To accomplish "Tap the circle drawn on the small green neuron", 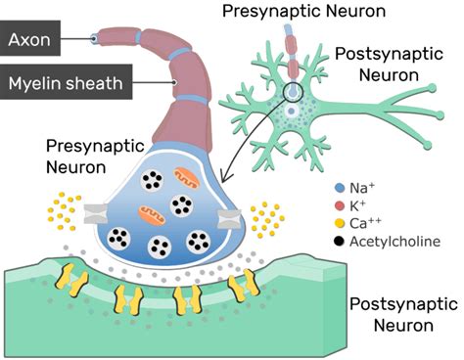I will pyautogui.click(x=294, y=94).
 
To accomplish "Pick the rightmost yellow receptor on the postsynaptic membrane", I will pyautogui.click(x=238, y=286).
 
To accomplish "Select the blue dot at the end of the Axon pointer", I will pyautogui.click(x=93, y=40).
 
